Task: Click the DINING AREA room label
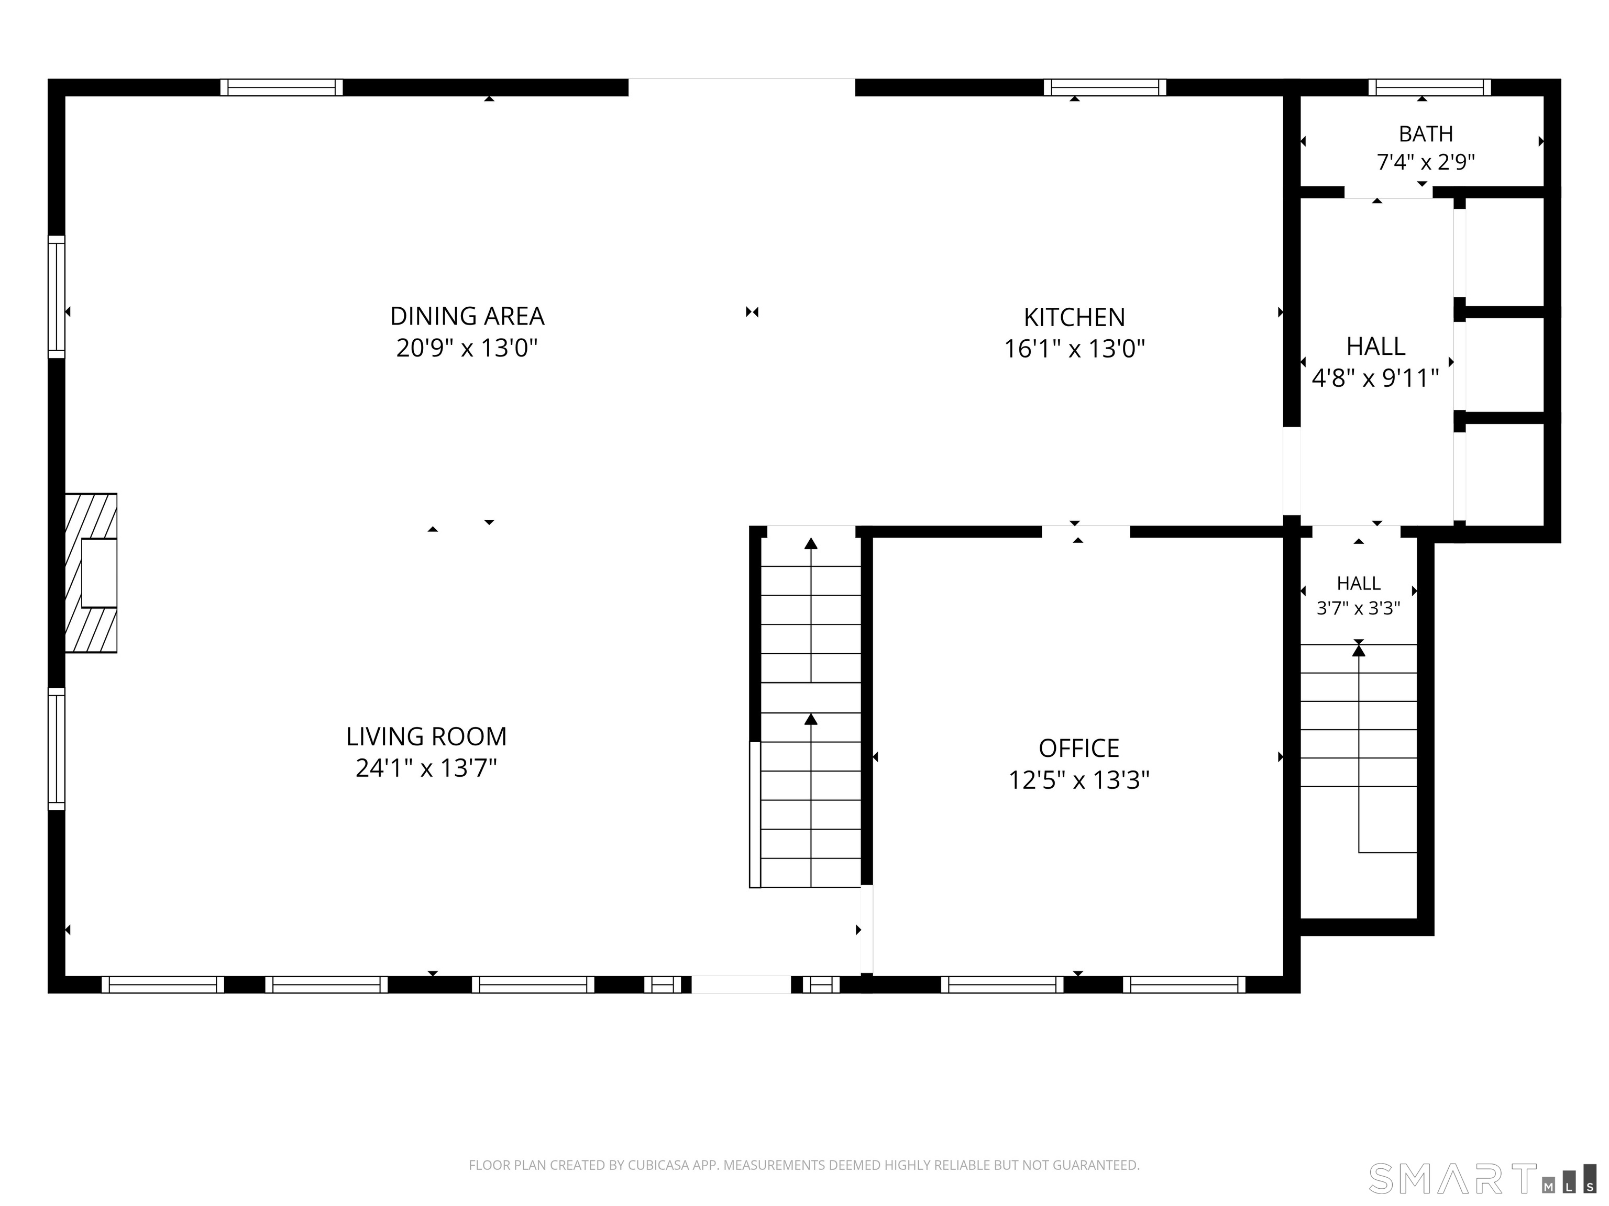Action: tap(467, 316)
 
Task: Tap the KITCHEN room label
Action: tap(1074, 318)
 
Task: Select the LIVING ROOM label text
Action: tap(426, 736)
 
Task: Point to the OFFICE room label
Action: tap(1079, 748)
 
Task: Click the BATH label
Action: tap(1426, 134)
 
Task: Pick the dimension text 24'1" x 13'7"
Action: tap(426, 768)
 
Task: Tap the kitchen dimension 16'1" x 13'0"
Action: tap(1074, 350)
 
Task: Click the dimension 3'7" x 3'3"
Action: tap(1358, 608)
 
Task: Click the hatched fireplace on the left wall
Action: tap(91, 573)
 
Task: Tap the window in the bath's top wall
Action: tap(1429, 88)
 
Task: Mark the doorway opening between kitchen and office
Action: tap(1086, 531)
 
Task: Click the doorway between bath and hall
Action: tap(1388, 192)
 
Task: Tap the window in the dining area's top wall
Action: tap(281, 88)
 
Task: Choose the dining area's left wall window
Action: tap(57, 297)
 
